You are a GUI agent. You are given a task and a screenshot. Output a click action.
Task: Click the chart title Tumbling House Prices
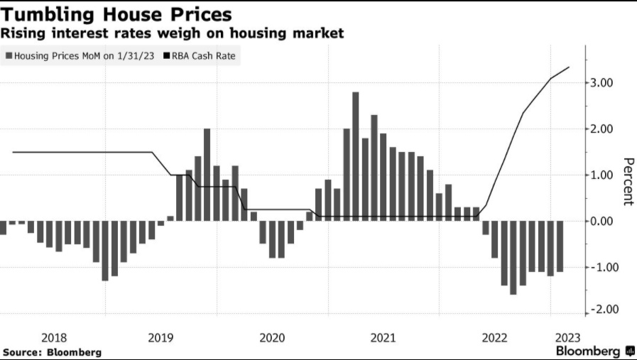(x=118, y=14)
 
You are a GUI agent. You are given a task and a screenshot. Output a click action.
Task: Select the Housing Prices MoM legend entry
(x=80, y=55)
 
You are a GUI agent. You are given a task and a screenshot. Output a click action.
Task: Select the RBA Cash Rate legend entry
(x=202, y=55)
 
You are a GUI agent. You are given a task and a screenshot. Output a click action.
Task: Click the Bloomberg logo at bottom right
(x=595, y=351)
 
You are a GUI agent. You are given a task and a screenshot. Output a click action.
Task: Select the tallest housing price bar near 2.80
(x=355, y=156)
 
